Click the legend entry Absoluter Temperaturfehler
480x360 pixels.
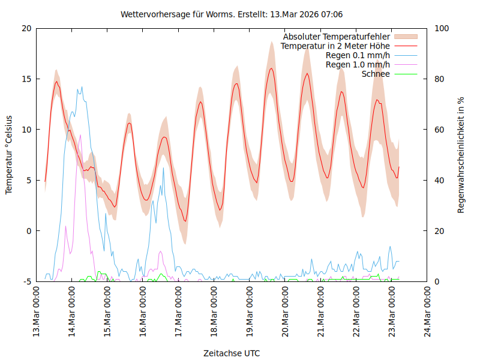tap(336, 37)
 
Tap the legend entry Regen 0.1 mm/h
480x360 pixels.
tap(358, 55)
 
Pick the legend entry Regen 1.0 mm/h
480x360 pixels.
tap(358, 65)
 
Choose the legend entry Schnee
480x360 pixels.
tap(376, 74)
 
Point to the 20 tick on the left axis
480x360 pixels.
tap(26, 28)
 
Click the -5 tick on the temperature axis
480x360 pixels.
tap(26, 281)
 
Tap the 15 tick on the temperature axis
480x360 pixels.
tap(26, 79)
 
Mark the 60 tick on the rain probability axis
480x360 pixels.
tap(439, 130)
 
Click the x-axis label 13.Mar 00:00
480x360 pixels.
tap(37, 312)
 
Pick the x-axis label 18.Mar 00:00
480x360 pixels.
tap(214, 312)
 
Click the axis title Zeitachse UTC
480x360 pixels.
tap(232, 353)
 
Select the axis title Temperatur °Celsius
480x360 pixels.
tap(9, 155)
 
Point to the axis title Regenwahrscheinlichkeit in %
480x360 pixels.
tap(461, 155)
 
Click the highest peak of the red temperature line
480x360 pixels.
tap(271, 68)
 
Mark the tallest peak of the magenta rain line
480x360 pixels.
tap(80, 136)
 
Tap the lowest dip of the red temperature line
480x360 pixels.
tap(185, 221)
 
